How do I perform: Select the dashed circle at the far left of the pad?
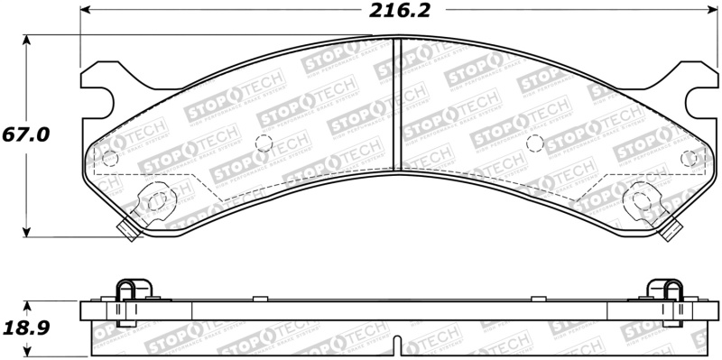tap(109, 159)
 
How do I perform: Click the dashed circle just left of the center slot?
tap(264, 142)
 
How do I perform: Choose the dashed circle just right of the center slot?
tap(533, 142)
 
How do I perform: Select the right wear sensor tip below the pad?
tap(671, 232)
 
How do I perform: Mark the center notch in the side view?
tap(399, 346)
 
